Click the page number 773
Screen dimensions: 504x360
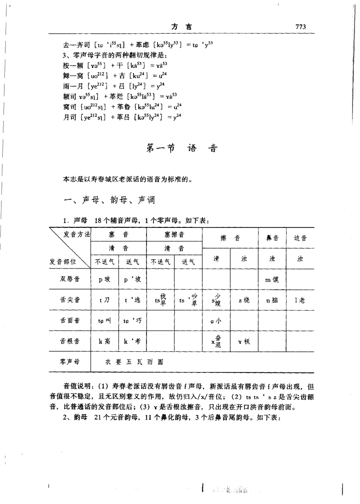[299, 27]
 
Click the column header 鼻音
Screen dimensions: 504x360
[273, 238]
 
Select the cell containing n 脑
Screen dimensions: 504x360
[273, 300]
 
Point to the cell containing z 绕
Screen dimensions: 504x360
[243, 300]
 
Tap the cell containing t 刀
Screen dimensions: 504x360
[104, 300]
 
